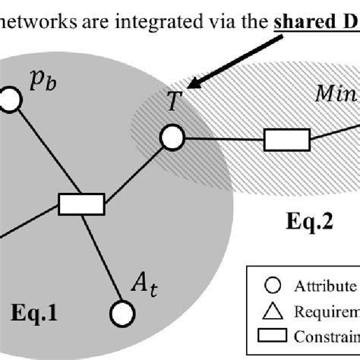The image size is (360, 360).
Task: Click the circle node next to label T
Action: point(172,137)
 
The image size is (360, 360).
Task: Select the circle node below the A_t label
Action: point(121,312)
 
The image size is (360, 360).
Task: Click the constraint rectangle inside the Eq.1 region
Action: point(81,204)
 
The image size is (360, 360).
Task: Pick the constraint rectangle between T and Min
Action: point(286,140)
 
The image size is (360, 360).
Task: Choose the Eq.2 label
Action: point(287,223)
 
